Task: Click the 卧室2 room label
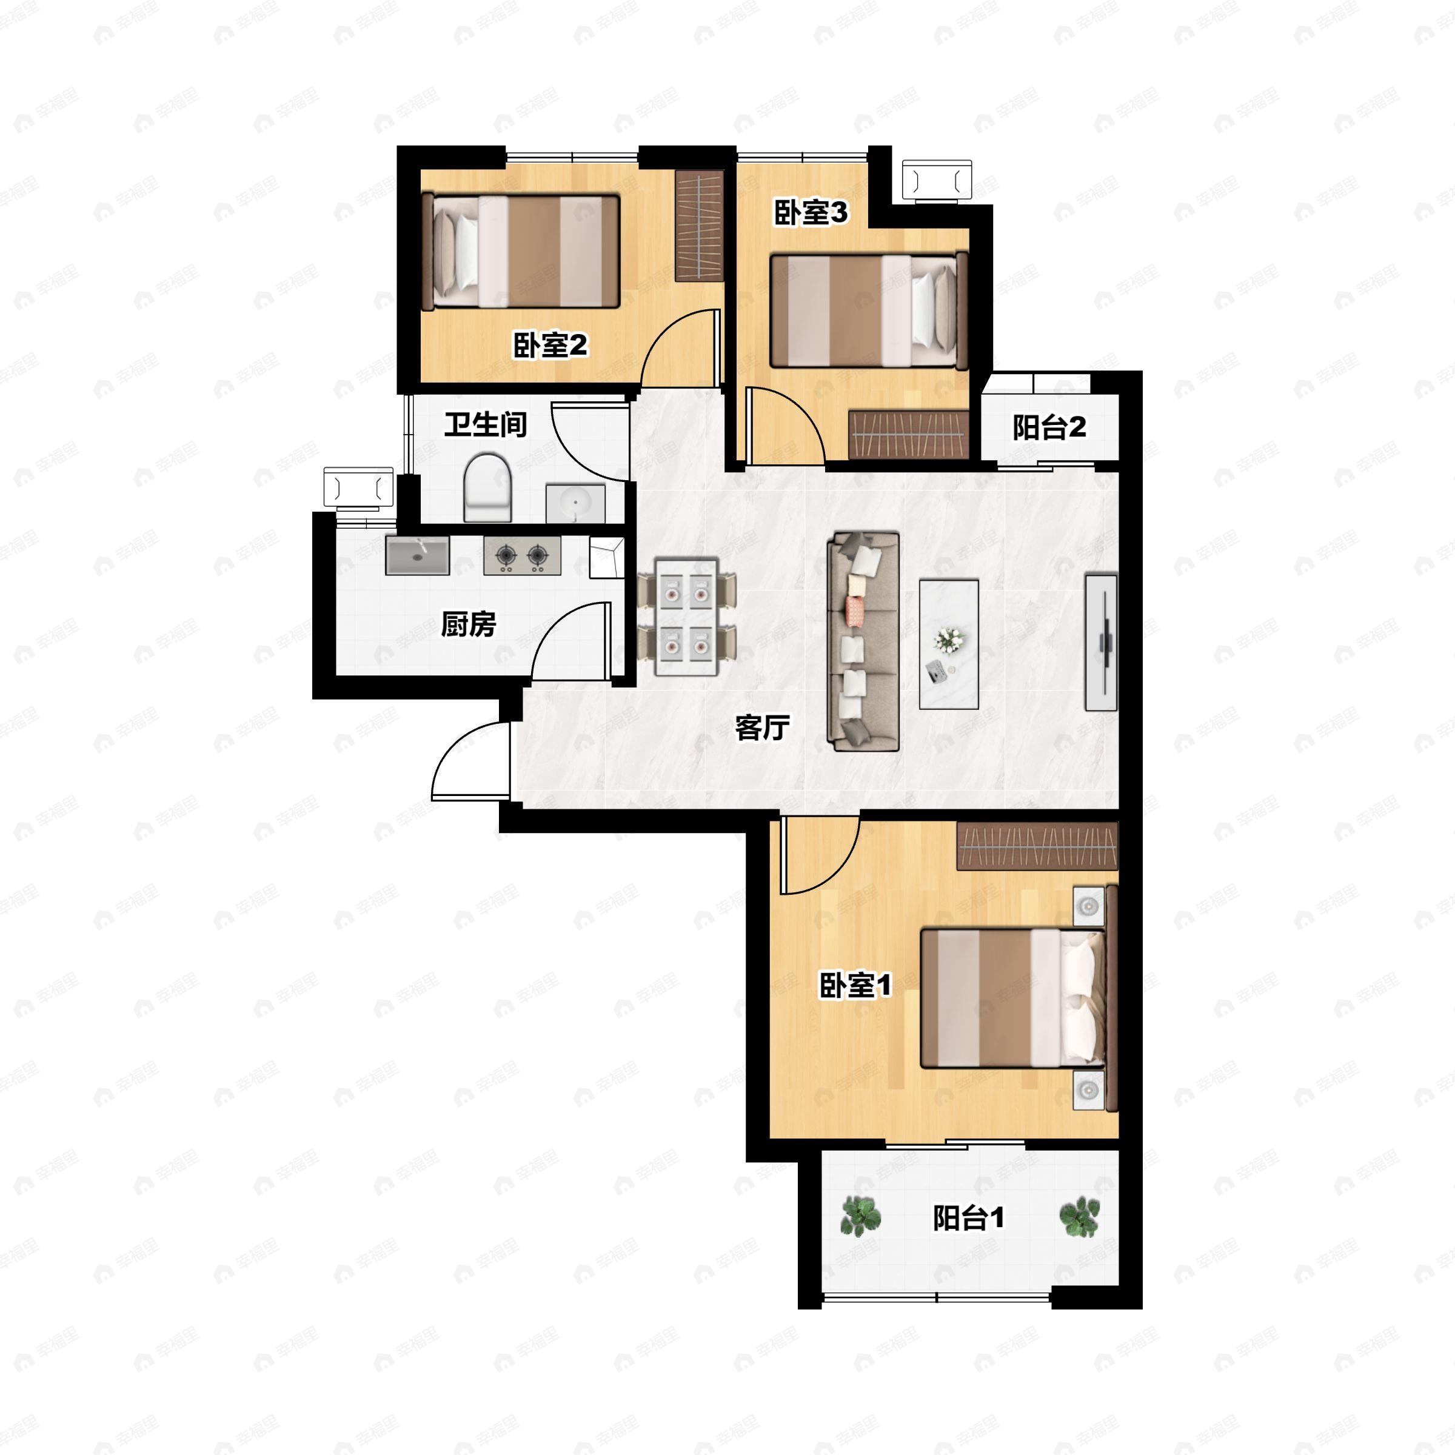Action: click(x=550, y=346)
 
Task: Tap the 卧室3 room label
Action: click(x=811, y=213)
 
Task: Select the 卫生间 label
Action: click(x=485, y=425)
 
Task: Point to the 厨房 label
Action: click(x=469, y=624)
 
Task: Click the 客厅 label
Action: click(x=762, y=727)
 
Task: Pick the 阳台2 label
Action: click(x=1049, y=428)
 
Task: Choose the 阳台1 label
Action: click(x=969, y=1218)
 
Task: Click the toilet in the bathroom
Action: click(x=487, y=487)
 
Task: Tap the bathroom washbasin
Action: click(x=575, y=503)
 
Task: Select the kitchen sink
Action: click(x=417, y=556)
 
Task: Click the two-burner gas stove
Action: click(x=522, y=556)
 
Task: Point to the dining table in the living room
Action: click(x=686, y=617)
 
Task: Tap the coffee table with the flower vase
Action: click(x=949, y=644)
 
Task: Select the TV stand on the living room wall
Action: click(x=1101, y=641)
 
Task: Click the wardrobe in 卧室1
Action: click(x=1037, y=846)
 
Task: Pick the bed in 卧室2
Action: click(x=521, y=252)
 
